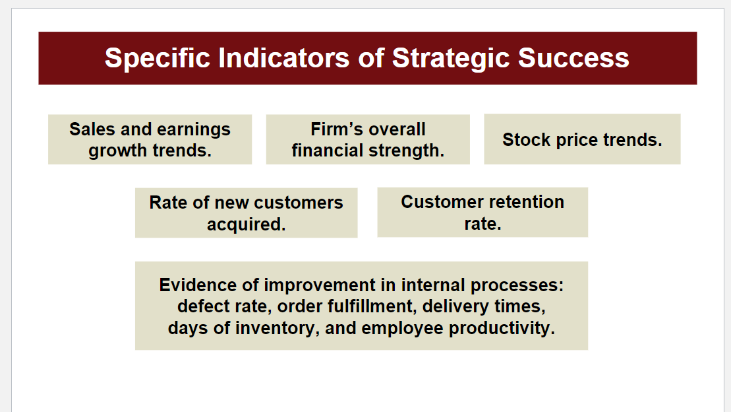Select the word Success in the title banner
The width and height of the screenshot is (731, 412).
coord(573,58)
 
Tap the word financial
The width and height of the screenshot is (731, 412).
coord(330,151)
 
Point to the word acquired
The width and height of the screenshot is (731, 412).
coord(246,224)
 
